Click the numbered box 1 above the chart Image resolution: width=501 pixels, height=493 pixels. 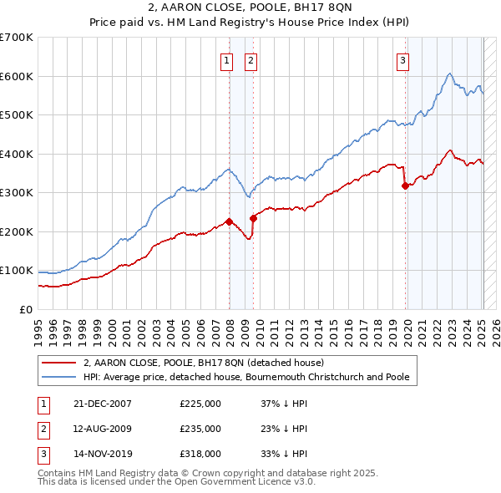click(226, 59)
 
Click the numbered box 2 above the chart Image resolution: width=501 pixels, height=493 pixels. click(250, 59)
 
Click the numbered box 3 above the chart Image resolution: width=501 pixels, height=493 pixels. click(402, 59)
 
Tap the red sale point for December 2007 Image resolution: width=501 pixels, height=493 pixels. click(229, 222)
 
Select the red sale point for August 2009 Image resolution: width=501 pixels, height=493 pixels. click(253, 218)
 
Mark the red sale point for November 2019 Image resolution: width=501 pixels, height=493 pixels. click(406, 186)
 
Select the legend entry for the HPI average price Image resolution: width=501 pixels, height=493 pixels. click(246, 377)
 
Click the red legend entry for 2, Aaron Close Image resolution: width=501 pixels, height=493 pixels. click(209, 363)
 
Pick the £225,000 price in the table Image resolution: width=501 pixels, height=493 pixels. click(200, 404)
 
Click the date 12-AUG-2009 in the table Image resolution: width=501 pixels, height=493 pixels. click(103, 429)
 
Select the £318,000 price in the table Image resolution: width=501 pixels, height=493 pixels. click(200, 455)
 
